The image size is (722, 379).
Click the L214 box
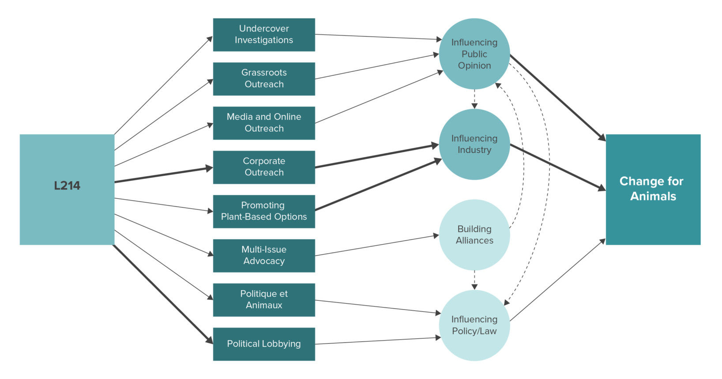[x=67, y=189]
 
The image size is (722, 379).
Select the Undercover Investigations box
[x=264, y=34]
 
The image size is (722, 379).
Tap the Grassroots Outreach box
[x=264, y=79]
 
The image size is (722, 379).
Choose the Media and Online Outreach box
[x=264, y=123]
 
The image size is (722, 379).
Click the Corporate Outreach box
[x=264, y=167]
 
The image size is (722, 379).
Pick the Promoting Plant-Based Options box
[x=264, y=211]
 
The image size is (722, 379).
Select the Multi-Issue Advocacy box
[x=264, y=255]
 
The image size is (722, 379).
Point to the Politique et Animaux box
[x=264, y=299]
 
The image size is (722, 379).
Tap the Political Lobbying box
[x=264, y=344]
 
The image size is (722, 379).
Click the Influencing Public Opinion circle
[x=474, y=54]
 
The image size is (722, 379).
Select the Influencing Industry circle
[x=474, y=144]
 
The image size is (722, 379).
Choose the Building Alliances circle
[x=474, y=235]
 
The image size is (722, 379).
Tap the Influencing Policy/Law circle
[x=474, y=325]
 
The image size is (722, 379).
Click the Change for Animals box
[x=653, y=189]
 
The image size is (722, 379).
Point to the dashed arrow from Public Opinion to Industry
[x=474, y=99]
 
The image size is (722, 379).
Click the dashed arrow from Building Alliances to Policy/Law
[x=474, y=280]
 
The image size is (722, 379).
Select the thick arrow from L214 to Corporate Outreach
[x=163, y=175]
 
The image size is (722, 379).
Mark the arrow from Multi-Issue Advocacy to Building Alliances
[x=377, y=245]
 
